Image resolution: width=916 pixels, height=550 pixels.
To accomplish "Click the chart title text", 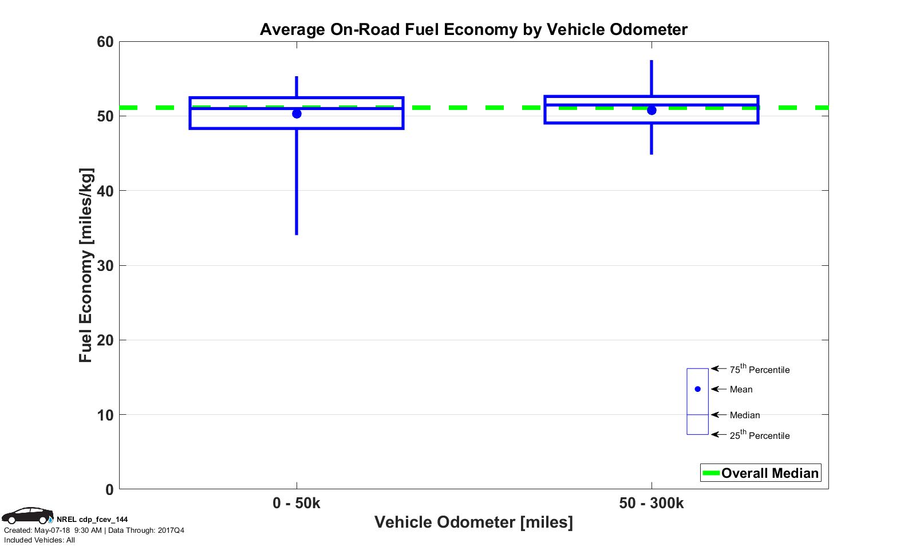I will pyautogui.click(x=473, y=29).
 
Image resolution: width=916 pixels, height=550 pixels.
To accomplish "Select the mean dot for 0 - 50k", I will pyautogui.click(x=297, y=113).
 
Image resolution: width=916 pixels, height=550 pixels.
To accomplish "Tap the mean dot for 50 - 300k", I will pyautogui.click(x=652, y=110).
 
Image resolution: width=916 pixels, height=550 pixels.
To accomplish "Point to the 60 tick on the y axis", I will pyautogui.click(x=105, y=42).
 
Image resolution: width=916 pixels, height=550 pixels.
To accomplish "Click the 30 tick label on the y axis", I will pyautogui.click(x=105, y=266).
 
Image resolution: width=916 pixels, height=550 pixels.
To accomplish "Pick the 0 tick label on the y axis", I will pyautogui.click(x=109, y=490).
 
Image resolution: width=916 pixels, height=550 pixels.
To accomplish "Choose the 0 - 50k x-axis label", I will pyautogui.click(x=297, y=503).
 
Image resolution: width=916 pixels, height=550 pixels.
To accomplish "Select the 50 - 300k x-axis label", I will pyautogui.click(x=652, y=503).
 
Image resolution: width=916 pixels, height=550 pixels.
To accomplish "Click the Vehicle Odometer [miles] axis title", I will pyautogui.click(x=473, y=522).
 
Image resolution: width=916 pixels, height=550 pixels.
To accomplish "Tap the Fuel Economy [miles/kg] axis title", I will pyautogui.click(x=85, y=265).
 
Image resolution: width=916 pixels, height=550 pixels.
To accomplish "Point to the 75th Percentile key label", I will pyautogui.click(x=759, y=370).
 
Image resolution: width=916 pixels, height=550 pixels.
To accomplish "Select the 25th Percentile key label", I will pyautogui.click(x=759, y=435).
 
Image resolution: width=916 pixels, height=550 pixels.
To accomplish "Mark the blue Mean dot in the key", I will pyautogui.click(x=697, y=389).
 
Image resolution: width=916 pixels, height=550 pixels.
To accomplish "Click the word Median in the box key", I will pyautogui.click(x=745, y=415).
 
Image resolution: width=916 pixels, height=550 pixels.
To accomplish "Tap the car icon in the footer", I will pyautogui.click(x=27, y=515).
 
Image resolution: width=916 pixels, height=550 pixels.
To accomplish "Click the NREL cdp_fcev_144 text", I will pyautogui.click(x=92, y=520).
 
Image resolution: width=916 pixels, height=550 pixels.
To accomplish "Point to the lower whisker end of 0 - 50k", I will pyautogui.click(x=297, y=234).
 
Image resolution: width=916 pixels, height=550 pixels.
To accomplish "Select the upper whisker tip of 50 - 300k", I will pyautogui.click(x=652, y=61).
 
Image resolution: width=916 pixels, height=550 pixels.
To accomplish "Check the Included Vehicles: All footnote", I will pyautogui.click(x=40, y=540).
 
